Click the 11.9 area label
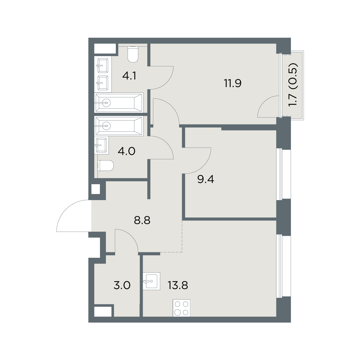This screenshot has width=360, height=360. [233, 83]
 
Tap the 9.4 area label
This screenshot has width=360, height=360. [206, 179]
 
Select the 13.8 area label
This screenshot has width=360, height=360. [178, 285]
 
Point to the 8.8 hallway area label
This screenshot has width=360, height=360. [142, 220]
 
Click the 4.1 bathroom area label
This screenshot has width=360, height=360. [129, 76]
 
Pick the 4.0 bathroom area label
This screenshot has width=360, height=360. [127, 151]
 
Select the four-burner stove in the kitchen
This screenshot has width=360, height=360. [181, 308]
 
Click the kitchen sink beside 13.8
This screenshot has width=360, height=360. [151, 281]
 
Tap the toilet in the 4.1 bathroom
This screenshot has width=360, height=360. [133, 54]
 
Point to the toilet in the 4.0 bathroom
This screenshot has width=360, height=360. [106, 166]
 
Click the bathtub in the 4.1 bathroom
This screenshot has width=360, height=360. [119, 103]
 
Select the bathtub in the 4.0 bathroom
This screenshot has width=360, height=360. [119, 126]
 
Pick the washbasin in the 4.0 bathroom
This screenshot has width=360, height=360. [101, 145]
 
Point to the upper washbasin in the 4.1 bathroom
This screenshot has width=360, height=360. [103, 65]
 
